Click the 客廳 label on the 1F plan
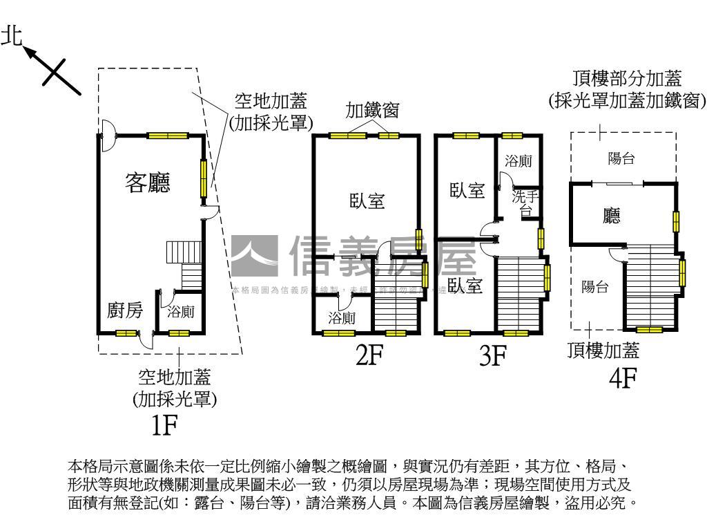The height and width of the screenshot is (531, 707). coord(147,183)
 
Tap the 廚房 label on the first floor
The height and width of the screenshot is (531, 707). coord(125,311)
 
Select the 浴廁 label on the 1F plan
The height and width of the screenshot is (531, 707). coord(181,312)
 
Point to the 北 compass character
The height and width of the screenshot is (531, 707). coord(12,37)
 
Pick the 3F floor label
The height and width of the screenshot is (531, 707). coord(493,356)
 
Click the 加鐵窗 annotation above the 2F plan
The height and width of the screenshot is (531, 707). coord(372,111)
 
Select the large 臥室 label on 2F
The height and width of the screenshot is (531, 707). coord(367,201)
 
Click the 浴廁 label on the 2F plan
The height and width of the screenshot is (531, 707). coord(342,318)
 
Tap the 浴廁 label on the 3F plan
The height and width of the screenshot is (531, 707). coord(518,161)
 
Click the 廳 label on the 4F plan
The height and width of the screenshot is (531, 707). coord(611,216)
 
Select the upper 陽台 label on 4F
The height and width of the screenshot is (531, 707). coord(621,158)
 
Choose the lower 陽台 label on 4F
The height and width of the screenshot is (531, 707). coord(594,286)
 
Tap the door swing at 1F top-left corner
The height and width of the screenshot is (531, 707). coord(107,135)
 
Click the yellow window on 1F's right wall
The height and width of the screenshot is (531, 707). coord(204,178)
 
